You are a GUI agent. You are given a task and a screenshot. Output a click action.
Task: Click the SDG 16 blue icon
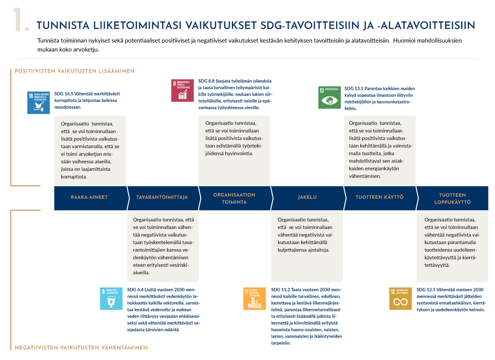(x=39, y=102)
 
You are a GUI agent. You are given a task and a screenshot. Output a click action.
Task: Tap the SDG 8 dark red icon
(x=183, y=90)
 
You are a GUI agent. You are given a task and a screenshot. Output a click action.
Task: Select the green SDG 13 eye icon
(x=330, y=97)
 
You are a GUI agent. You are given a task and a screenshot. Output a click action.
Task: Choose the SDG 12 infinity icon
(x=401, y=298)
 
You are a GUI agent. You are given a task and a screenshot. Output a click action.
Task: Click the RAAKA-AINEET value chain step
(x=89, y=197)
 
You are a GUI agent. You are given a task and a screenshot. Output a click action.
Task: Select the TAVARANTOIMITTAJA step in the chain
(x=162, y=197)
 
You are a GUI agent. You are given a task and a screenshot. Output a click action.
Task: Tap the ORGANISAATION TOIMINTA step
(x=234, y=198)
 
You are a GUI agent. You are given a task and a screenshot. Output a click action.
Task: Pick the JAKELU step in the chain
(x=307, y=197)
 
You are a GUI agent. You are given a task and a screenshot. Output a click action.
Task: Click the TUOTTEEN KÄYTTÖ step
(x=379, y=197)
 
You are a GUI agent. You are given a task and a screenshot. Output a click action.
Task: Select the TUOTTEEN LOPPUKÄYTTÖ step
(x=453, y=198)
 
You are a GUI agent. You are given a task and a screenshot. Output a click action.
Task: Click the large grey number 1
(x=21, y=20)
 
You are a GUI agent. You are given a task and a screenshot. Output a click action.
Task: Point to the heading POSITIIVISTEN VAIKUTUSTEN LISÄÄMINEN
(x=75, y=71)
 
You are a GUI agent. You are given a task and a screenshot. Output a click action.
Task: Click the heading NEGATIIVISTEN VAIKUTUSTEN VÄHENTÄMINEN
(x=81, y=348)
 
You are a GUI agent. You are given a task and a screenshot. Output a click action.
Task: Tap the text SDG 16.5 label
(x=64, y=94)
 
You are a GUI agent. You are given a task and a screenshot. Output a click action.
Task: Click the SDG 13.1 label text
(x=354, y=89)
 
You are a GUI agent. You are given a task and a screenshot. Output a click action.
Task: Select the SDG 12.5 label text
(x=426, y=290)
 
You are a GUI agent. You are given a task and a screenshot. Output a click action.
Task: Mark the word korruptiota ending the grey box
(x=74, y=176)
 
